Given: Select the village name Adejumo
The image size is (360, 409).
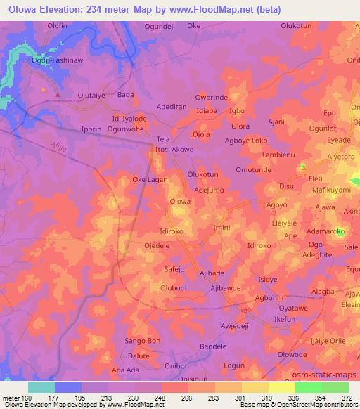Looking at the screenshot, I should pyautogui.click(x=208, y=190).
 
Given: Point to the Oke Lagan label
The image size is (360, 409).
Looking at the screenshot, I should pyautogui.click(x=149, y=180).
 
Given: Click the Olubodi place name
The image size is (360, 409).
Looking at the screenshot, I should pyautogui.click(x=174, y=287).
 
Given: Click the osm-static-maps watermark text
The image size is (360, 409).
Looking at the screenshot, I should pyautogui.click(x=332, y=372).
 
